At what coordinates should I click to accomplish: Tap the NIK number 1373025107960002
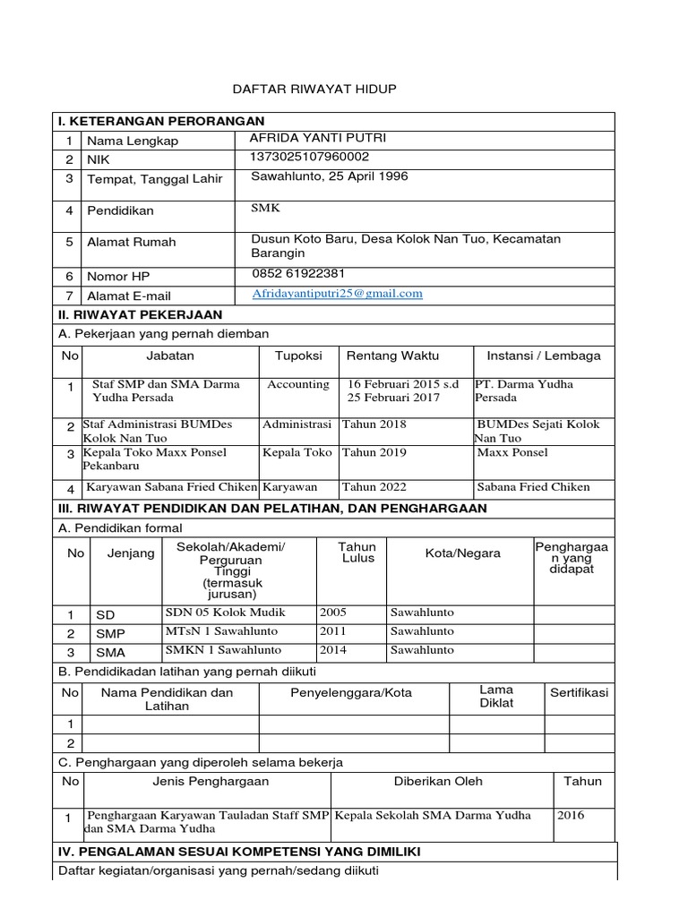[310, 157]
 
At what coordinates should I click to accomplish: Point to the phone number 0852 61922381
[298, 273]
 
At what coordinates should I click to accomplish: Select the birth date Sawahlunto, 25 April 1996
[330, 176]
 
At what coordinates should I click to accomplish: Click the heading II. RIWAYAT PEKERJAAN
[140, 315]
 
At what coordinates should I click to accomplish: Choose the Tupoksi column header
[298, 356]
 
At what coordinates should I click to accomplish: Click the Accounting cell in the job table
[298, 384]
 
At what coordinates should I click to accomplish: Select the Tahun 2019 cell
[374, 452]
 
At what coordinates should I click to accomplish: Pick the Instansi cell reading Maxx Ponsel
[512, 452]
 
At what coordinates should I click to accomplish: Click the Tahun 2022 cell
[374, 487]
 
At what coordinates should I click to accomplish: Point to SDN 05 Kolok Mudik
[225, 613]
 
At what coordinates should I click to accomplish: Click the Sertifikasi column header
[579, 693]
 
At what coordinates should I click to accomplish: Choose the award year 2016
[571, 815]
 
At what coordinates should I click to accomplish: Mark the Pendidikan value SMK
[266, 207]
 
